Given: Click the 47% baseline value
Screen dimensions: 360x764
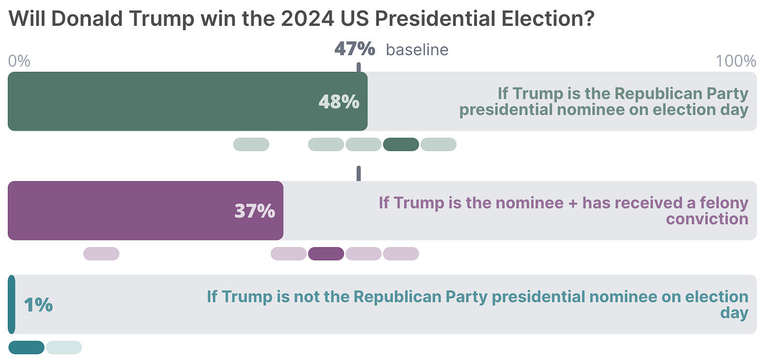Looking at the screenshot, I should [x=355, y=49].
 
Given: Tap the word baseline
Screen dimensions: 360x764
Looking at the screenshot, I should [x=417, y=50].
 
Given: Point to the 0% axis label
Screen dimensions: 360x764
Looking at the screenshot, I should [x=19, y=61].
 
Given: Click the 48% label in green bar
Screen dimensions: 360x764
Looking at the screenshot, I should [x=339, y=102].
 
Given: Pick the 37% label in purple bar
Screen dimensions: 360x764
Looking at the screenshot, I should [x=254, y=211].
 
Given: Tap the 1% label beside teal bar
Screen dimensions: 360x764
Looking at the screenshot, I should [x=38, y=304].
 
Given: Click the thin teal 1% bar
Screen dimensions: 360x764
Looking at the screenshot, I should [x=12, y=304].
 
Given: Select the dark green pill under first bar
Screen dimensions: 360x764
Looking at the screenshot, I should [x=401, y=144].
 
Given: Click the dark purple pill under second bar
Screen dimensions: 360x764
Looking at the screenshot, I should [x=326, y=253].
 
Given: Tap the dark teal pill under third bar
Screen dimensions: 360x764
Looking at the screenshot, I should [x=26, y=347].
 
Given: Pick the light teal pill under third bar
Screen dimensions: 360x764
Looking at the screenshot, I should [x=63, y=347].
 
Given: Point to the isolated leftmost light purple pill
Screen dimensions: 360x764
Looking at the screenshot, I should [x=101, y=253].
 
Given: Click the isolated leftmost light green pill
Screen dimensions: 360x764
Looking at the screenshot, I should [x=251, y=144].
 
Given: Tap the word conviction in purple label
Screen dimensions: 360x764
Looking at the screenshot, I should [x=707, y=218].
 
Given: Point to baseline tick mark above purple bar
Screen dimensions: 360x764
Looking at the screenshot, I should [x=359, y=173].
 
